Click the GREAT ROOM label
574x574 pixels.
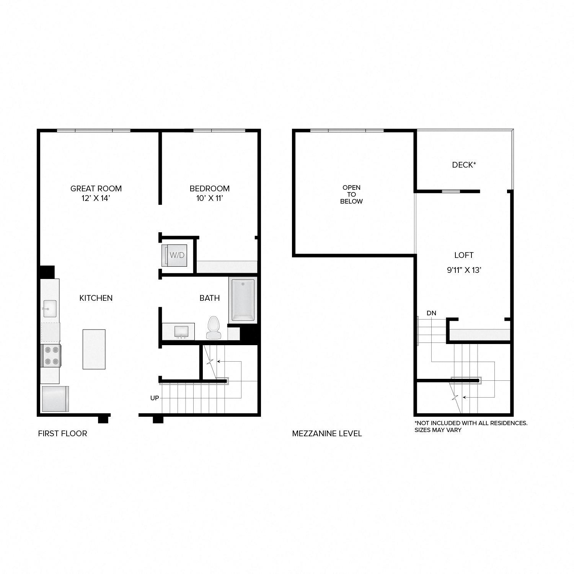point(96,189)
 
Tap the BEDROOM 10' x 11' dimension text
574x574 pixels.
point(210,198)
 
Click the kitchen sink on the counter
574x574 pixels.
point(50,308)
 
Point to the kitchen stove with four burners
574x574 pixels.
point(51,355)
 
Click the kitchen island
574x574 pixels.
point(94,349)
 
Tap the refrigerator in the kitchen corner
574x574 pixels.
point(55,398)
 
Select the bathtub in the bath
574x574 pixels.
point(243,300)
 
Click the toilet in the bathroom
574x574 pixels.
point(214,328)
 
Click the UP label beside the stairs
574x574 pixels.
point(155,398)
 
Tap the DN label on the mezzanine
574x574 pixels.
point(431,313)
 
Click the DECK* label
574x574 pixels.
point(464,165)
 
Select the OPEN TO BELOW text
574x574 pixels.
point(351,194)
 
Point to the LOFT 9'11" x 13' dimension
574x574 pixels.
point(464,270)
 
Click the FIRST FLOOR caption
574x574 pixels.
point(63,434)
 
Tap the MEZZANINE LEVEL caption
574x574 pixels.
point(327,434)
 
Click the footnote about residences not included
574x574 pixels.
point(471,426)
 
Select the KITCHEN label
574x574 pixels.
point(96,298)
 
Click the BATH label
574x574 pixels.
point(210,298)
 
